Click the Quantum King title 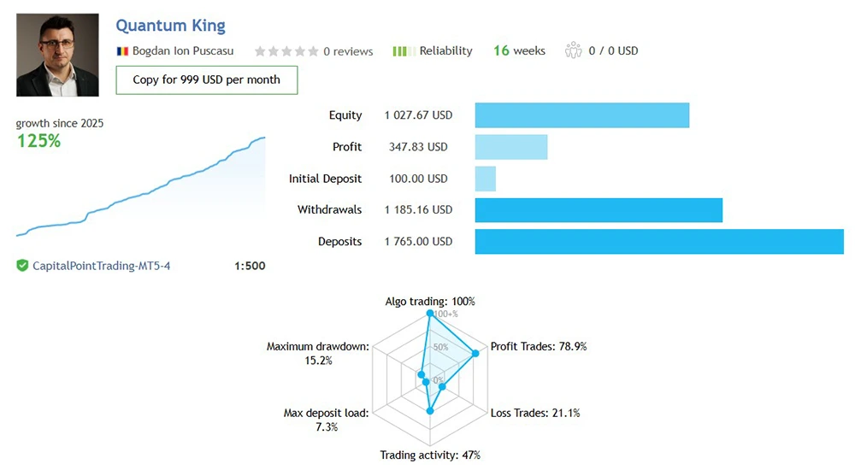point(170,26)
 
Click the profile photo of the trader point(57,55)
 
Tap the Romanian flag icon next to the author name point(122,51)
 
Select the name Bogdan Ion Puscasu point(182,51)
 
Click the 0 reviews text point(348,51)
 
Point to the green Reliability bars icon point(404,51)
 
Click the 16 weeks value point(519,51)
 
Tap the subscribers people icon point(573,51)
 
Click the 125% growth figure point(39,141)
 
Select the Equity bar point(581,115)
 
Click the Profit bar point(510,147)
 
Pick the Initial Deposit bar point(485,179)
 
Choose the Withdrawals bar point(598,210)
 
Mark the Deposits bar point(658,242)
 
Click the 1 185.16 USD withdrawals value point(418,210)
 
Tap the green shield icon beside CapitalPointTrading point(22,266)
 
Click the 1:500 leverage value point(250,266)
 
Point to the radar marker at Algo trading point(430,314)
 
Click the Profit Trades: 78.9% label point(539,346)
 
